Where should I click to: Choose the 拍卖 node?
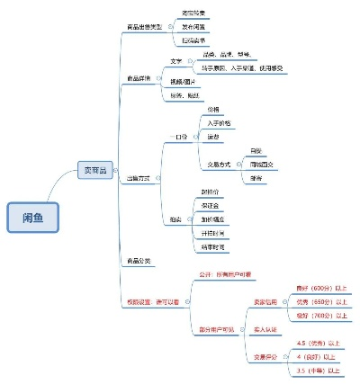[x=177, y=219]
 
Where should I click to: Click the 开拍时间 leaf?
[x=213, y=232]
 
